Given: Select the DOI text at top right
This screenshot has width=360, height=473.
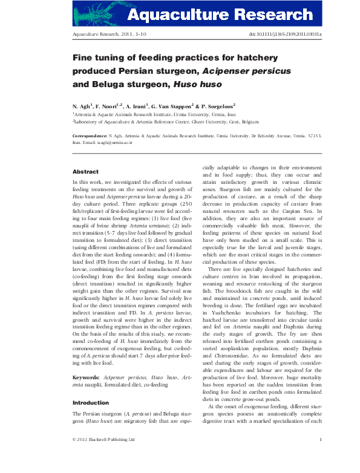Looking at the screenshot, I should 286,35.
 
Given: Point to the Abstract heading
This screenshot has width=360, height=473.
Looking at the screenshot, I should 85,172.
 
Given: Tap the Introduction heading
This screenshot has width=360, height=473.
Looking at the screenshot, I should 91,402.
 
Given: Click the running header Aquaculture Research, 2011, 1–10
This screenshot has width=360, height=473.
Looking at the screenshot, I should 106,35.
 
